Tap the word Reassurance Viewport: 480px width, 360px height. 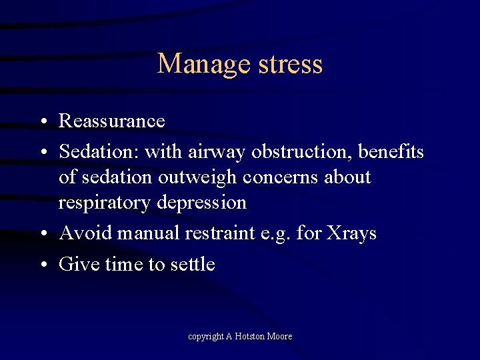click(111, 121)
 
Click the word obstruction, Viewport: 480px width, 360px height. click(301, 153)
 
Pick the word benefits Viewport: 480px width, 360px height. click(391, 153)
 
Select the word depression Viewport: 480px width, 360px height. click(204, 202)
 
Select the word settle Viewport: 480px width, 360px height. click(192, 265)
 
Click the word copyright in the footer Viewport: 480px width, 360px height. click(205, 337)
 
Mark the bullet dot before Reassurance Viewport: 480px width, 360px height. click(42, 123)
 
